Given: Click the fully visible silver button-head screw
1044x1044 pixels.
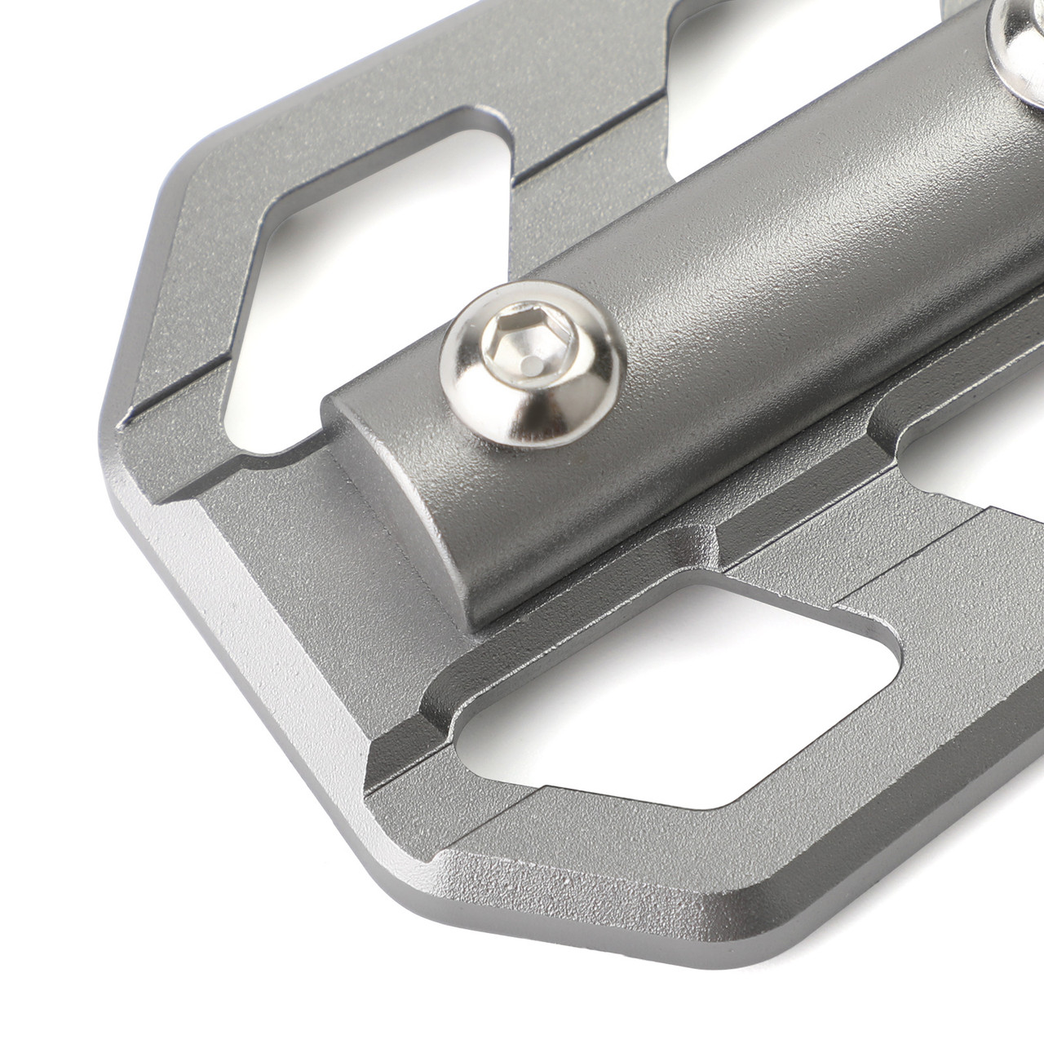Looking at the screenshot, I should [x=534, y=364].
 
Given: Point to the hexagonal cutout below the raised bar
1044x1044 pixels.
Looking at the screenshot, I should [x=677, y=701].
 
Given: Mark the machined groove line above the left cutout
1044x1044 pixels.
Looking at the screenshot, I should [x=587, y=139].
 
